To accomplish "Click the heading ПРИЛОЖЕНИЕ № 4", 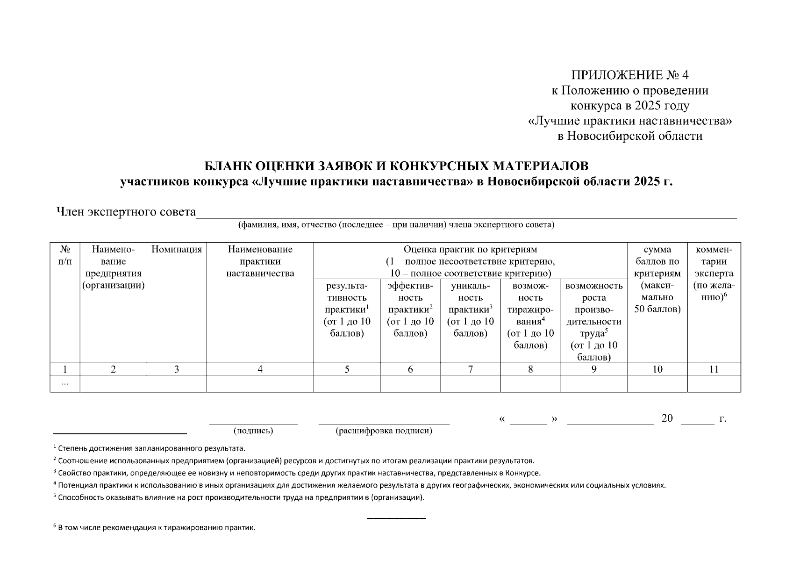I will tap(629, 75).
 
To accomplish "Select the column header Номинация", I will tap(177, 250).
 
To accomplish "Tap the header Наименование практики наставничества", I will tap(260, 261).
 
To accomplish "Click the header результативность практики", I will tap(347, 309).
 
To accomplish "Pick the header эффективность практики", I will tap(410, 309).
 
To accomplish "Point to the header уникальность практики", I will tap(470, 309).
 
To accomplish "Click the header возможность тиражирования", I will tap(530, 315).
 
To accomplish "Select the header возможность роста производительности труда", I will tap(594, 321).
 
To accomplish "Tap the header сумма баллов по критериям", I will tap(657, 279).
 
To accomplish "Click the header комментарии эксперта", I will tap(714, 273).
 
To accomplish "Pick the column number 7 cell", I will tap(470, 369).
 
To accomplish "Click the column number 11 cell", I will tap(714, 369).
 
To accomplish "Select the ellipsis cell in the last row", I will tap(64, 384).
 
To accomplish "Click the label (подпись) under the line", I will tap(253, 431).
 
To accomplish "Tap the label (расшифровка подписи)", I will tap(384, 431).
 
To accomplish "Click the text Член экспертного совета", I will tap(126, 212).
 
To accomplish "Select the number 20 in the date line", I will tap(667, 418).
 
